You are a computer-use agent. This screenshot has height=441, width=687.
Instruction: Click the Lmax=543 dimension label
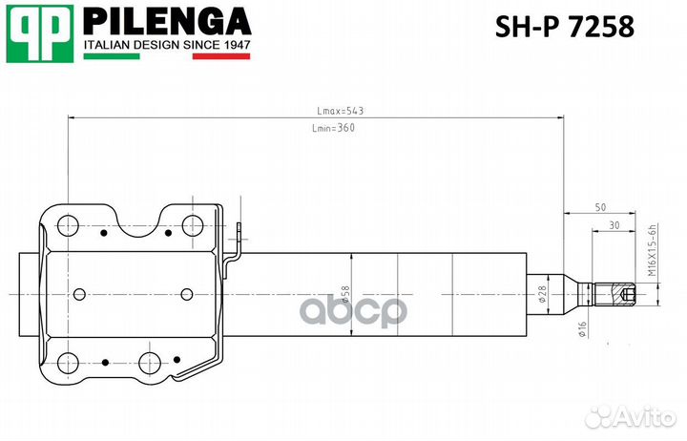(340, 111)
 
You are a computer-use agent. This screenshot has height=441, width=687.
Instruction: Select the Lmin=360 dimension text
(333, 129)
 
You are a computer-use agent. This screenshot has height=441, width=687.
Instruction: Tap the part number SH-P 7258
(564, 29)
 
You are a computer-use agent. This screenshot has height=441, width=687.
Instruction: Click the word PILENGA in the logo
(167, 21)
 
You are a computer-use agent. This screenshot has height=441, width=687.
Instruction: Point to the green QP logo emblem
(40, 33)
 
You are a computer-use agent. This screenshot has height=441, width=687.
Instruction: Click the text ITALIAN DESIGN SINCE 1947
(167, 45)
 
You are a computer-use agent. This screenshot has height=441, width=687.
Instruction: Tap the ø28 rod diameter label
(541, 295)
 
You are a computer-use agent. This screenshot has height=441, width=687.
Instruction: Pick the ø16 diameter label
(581, 329)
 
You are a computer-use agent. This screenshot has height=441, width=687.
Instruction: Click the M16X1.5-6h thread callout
(654, 250)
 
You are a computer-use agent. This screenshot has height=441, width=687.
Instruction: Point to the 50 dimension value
(600, 207)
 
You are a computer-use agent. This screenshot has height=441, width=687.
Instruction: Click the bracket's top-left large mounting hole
(68, 226)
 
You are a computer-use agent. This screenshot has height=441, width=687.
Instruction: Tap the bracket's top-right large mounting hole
(192, 226)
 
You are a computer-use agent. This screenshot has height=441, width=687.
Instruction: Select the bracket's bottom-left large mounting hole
(68, 363)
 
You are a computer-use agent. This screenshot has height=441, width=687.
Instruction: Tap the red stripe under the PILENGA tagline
(220, 56)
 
